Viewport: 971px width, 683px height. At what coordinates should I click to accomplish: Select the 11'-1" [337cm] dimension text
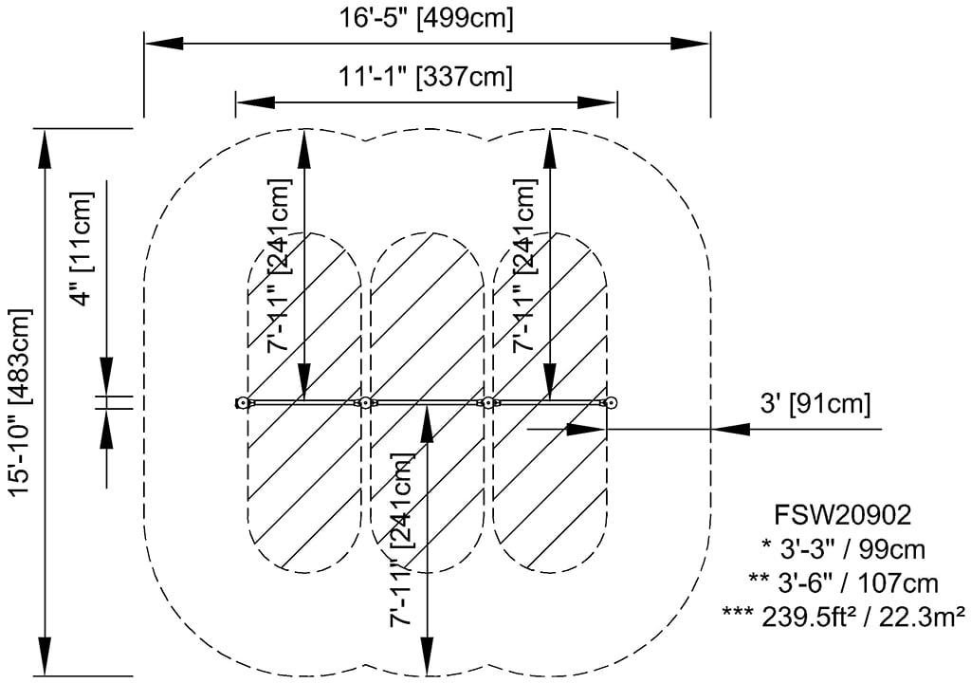[426, 76]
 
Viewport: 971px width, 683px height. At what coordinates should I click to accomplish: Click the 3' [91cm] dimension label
[814, 403]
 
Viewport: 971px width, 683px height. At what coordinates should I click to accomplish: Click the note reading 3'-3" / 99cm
[843, 548]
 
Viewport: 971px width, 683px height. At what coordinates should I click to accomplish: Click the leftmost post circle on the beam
[243, 403]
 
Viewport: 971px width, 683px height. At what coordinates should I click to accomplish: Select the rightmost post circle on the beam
[612, 403]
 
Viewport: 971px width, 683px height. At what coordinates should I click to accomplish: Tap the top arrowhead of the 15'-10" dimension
[44, 147]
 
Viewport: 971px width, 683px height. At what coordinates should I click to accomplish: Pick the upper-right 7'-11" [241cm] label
[527, 265]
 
